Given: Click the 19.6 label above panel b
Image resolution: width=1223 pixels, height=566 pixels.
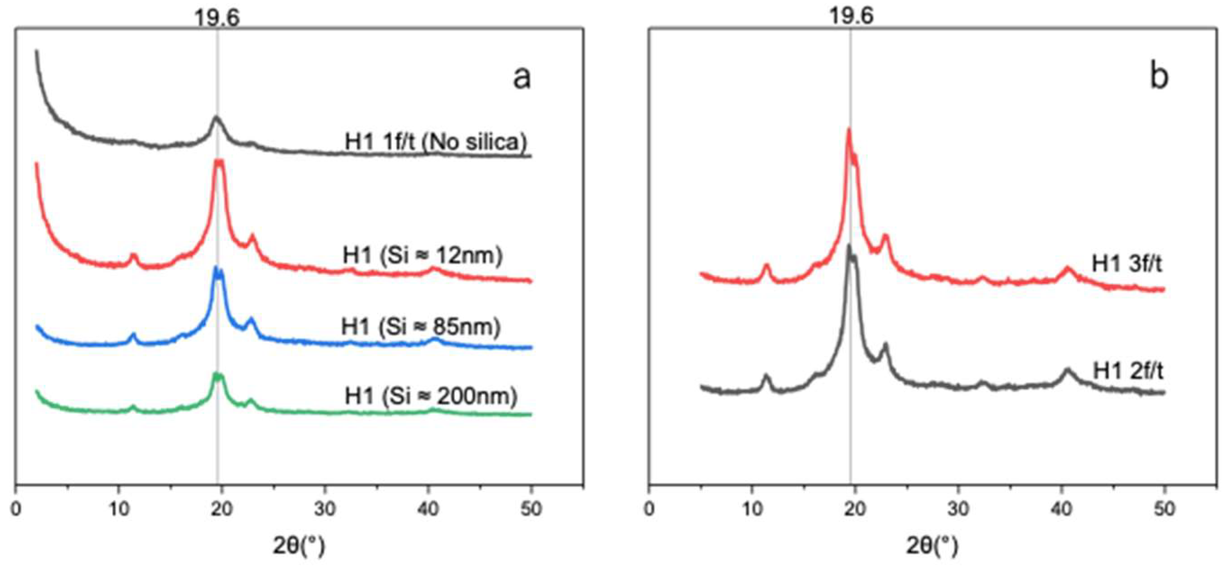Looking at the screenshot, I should click(x=851, y=17).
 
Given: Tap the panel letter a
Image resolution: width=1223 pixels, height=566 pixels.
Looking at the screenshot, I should click(x=522, y=78).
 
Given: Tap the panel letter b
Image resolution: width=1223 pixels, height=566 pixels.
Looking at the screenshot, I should click(x=1159, y=77).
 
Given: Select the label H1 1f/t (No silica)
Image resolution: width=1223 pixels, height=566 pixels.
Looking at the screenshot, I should click(x=436, y=141).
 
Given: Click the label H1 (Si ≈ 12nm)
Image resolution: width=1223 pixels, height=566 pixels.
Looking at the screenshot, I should click(x=423, y=256).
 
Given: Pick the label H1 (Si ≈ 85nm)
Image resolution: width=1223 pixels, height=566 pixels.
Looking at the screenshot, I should click(x=420, y=327).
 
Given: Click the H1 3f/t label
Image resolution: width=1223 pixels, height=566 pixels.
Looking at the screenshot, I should click(x=1127, y=264).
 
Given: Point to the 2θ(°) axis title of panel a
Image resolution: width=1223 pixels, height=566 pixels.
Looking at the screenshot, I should click(x=299, y=547).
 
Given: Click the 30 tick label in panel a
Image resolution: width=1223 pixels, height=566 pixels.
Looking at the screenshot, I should click(x=325, y=510).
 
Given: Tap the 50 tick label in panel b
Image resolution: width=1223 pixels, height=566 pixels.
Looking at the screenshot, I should click(x=1163, y=510).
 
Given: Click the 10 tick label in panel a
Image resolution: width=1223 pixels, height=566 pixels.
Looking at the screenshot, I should click(x=119, y=510).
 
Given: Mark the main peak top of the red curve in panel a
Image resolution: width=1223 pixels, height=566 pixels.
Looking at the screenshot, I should click(x=219, y=161).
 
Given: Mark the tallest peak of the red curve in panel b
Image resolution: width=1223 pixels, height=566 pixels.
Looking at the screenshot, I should click(x=849, y=130).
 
